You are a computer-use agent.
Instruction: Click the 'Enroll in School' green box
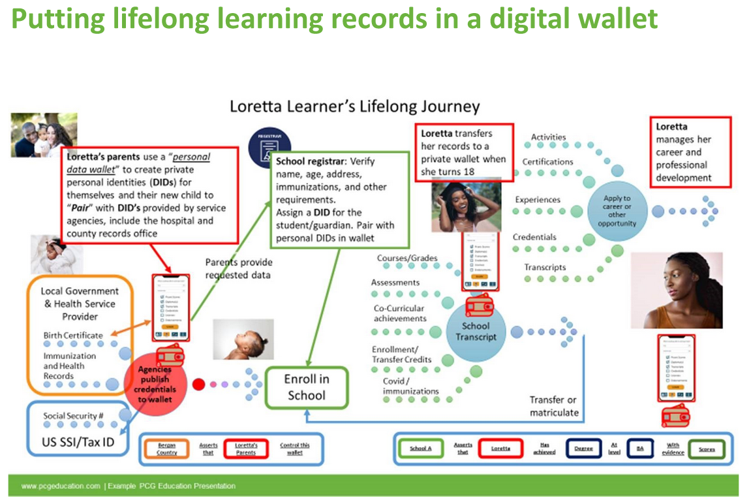[306, 387]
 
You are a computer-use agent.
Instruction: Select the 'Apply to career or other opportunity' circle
[617, 210]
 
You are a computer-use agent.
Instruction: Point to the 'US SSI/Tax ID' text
[79, 442]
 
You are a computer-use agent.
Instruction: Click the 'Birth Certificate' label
[73, 335]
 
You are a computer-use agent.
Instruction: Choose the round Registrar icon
[269, 146]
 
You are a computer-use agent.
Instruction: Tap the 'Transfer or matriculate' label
[554, 406]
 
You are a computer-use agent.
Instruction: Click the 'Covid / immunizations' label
[410, 386]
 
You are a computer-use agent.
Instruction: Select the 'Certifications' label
[547, 161]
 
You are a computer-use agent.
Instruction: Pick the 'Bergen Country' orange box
[166, 449]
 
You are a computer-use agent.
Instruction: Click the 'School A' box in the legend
[420, 449]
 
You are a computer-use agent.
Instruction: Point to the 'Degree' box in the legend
[583, 449]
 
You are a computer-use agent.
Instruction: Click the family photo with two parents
[44, 134]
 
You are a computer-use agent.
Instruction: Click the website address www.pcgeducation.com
[60, 486]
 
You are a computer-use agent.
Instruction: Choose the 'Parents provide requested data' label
[239, 268]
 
